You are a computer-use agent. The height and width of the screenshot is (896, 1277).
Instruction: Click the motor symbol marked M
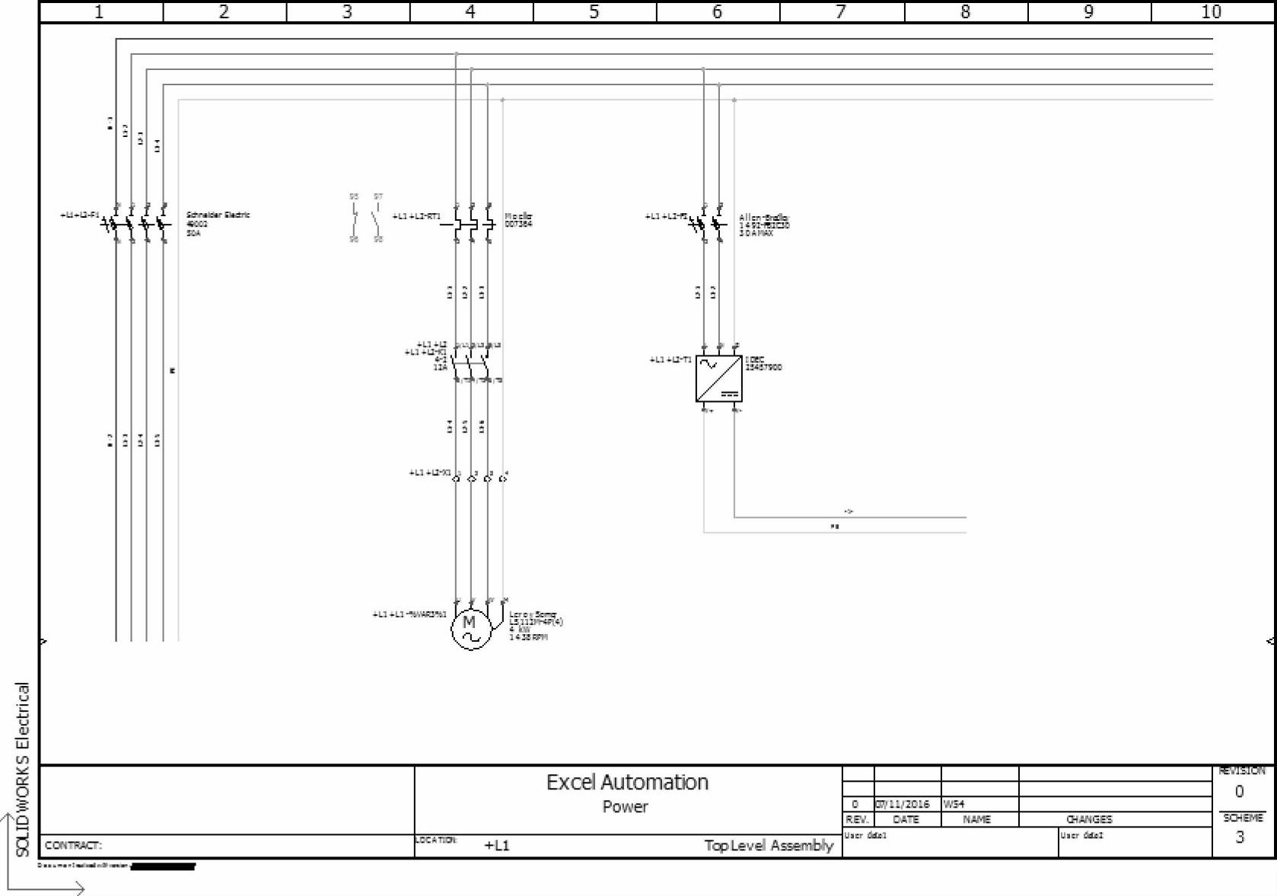pos(471,629)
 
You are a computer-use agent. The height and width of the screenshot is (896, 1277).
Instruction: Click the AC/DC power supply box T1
pos(718,378)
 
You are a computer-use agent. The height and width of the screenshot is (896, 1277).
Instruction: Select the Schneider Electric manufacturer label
pos(218,215)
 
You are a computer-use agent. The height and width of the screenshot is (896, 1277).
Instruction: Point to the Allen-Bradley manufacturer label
pos(764,218)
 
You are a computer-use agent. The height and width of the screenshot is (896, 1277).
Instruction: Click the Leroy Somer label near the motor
pos(533,614)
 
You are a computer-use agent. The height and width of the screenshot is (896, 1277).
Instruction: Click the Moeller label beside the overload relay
pos(518,217)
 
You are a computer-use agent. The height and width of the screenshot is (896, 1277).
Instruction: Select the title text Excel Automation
pos(627,783)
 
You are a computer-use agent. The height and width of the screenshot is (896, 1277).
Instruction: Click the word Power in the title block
pos(625,807)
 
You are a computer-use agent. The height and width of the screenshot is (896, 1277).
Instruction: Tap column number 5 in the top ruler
pos(594,12)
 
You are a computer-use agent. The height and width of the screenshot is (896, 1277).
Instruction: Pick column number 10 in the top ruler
pos(1211,12)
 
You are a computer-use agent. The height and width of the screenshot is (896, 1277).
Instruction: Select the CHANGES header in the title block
pos(1089,820)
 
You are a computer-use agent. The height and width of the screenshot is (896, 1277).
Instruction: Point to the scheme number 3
pos(1240,837)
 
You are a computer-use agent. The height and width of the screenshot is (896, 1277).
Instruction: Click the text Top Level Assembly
pos(769,846)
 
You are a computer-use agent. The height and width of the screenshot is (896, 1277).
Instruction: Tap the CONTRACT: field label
pos(73,846)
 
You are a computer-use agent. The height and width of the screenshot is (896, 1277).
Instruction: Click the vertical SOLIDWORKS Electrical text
pos(23,769)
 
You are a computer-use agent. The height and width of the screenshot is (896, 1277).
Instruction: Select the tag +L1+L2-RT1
pos(416,217)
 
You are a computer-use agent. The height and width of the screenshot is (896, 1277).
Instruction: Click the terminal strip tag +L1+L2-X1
pos(429,473)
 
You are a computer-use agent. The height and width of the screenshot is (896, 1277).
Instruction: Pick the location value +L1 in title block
pos(497,846)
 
